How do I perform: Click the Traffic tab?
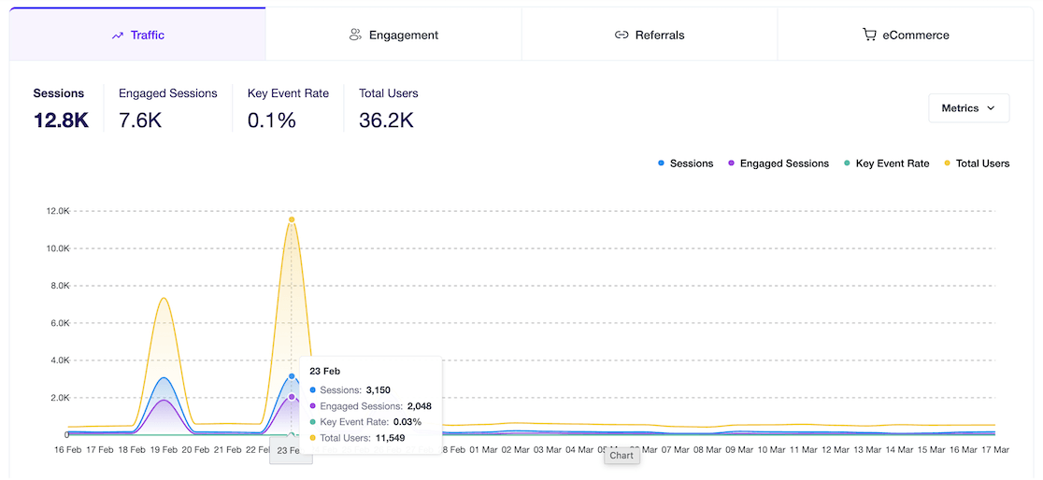click(137, 35)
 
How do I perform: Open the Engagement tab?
click(393, 35)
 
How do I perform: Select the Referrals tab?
click(650, 35)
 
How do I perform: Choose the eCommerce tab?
click(906, 35)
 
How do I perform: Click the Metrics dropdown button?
click(968, 108)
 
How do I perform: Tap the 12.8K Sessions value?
click(61, 120)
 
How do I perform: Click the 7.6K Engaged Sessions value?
click(140, 120)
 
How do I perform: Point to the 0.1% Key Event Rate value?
click(271, 120)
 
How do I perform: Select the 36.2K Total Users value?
click(386, 120)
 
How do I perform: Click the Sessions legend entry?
click(685, 163)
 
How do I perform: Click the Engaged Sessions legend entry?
click(778, 163)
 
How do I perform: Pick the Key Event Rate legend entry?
click(886, 163)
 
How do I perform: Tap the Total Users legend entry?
click(976, 163)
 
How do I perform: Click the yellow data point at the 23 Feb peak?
click(292, 219)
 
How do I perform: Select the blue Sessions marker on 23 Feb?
click(292, 376)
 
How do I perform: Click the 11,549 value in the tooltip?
click(390, 438)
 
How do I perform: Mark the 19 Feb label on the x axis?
click(164, 449)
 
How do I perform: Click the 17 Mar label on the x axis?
click(993, 449)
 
